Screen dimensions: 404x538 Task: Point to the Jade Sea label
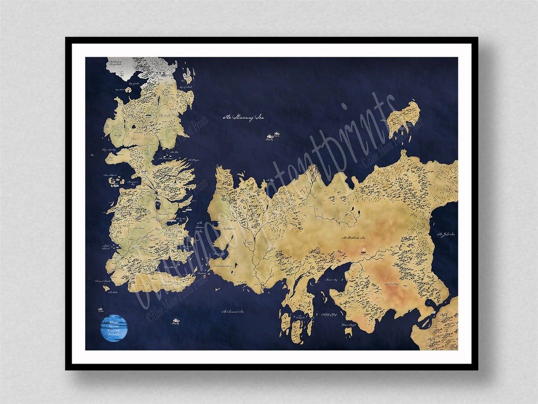(x=446, y=234)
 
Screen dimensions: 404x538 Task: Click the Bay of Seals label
(x=171, y=86)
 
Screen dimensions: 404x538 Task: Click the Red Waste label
(x=390, y=283)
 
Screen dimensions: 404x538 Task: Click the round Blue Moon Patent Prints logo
(x=114, y=328)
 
